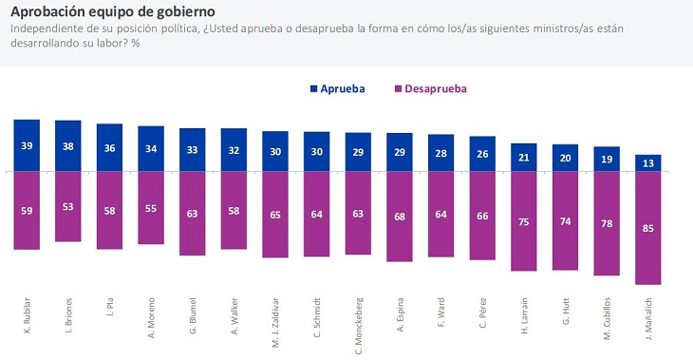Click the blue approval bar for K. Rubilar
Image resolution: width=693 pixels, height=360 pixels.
tap(27, 145)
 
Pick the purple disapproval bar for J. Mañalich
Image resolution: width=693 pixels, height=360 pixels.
tap(647, 228)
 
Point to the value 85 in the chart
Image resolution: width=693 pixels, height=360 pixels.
tap(647, 228)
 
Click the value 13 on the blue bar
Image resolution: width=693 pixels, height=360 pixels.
tap(647, 163)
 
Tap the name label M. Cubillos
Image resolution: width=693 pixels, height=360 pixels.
tap(607, 320)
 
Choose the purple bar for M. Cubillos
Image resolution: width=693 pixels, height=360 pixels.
tap(607, 223)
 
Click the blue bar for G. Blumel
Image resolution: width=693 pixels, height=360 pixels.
tap(193, 150)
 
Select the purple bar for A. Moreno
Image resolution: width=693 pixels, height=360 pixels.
tap(151, 208)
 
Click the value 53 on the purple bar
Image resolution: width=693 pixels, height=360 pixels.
tap(68, 207)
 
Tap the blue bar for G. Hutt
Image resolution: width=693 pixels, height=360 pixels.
tap(565, 159)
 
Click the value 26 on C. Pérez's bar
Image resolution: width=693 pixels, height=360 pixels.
tap(482, 155)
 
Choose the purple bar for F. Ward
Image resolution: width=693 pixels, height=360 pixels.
tap(440, 215)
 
